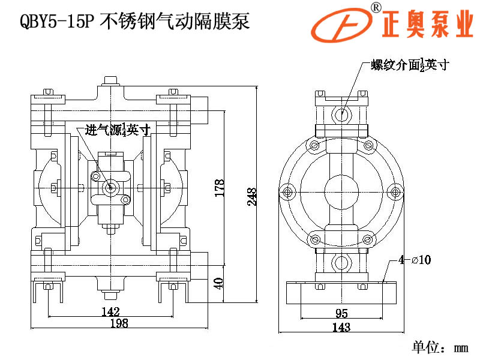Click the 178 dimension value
click(x=220, y=188)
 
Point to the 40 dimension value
click(x=220, y=283)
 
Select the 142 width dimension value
click(x=110, y=311)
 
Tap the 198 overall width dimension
click(x=119, y=323)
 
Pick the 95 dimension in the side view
click(x=341, y=313)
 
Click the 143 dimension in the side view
click(x=340, y=327)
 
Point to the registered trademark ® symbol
click(x=376, y=7)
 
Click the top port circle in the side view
click(x=341, y=113)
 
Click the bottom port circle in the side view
click(x=341, y=263)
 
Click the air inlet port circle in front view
click(x=110, y=187)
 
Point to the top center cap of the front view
click(x=110, y=80)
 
